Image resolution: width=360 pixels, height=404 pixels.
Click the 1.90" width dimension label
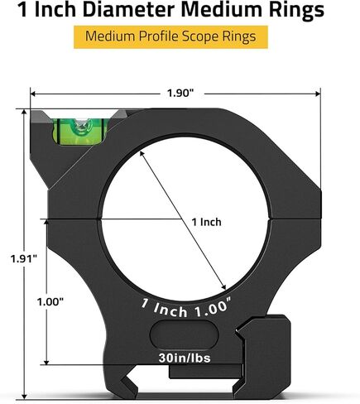(180, 94)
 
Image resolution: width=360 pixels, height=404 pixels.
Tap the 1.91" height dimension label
(24, 259)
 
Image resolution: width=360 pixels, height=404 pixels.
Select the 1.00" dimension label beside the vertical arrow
(50, 301)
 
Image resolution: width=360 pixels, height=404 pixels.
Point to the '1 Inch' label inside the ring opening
(207, 222)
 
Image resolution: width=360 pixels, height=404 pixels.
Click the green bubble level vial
(79, 132)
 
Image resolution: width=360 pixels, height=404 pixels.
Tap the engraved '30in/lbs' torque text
(185, 358)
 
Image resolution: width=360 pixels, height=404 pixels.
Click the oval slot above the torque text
(184, 334)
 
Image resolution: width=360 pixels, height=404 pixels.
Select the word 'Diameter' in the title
(128, 10)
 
